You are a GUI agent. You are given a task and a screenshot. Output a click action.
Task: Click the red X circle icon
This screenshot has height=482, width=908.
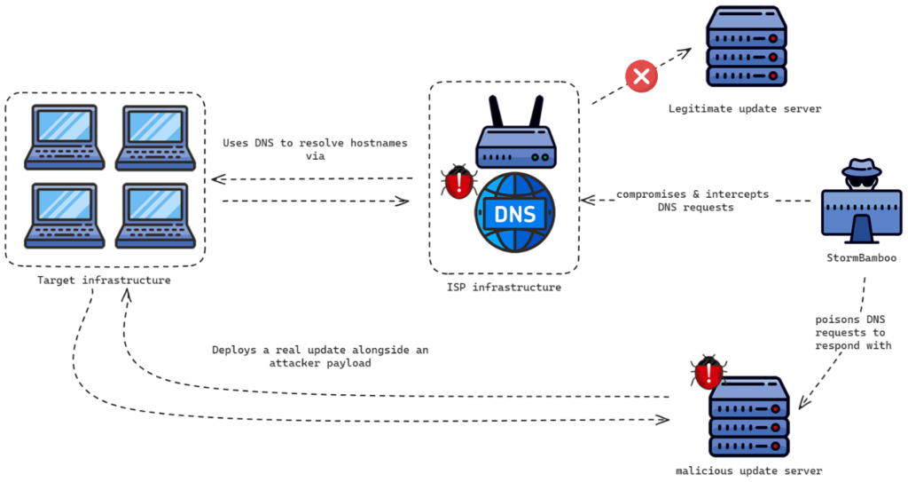coord(641,75)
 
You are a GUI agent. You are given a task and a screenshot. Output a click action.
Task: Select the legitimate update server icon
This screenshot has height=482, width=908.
coord(746,49)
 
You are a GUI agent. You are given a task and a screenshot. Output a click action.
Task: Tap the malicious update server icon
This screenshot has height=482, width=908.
coord(748,416)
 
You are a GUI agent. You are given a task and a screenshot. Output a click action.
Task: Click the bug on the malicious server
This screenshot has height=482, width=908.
coord(708,374)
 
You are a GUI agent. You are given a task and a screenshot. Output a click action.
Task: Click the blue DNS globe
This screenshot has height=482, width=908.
coord(516,214)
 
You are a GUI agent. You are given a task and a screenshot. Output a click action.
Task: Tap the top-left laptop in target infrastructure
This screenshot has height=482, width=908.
coord(65,138)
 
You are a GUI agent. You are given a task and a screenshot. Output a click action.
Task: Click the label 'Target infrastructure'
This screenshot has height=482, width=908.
coord(104,281)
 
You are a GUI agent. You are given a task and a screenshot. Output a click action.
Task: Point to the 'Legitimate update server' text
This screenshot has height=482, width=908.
coord(745,109)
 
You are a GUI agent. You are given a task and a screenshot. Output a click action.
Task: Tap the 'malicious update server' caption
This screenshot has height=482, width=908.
coord(748,470)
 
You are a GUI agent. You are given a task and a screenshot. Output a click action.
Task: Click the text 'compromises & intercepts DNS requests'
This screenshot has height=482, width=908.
coord(693,201)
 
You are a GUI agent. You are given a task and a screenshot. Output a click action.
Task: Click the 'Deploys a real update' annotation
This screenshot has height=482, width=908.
coord(320,357)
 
